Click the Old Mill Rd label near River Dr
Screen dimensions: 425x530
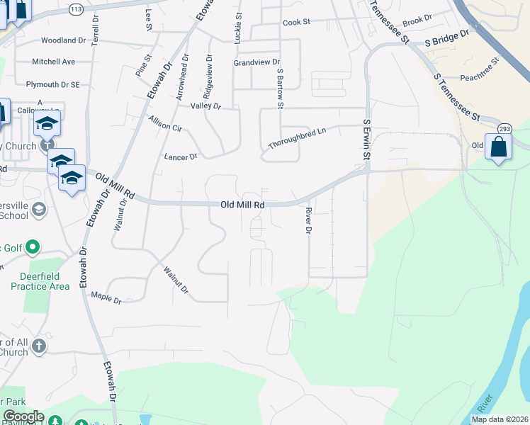click(242, 205)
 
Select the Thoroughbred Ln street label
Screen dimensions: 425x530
click(297, 139)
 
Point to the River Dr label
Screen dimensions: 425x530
click(308, 221)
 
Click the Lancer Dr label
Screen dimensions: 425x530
click(180, 157)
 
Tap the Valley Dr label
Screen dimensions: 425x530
click(206, 106)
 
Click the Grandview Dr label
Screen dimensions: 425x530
click(257, 62)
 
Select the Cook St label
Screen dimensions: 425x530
click(297, 23)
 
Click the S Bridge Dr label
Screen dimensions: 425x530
click(447, 38)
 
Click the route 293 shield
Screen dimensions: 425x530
click(504, 128)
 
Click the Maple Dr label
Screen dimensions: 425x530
click(106, 297)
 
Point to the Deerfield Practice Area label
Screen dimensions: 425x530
click(40, 281)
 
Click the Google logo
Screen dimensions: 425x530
click(23, 416)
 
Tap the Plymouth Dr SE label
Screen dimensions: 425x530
click(53, 84)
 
